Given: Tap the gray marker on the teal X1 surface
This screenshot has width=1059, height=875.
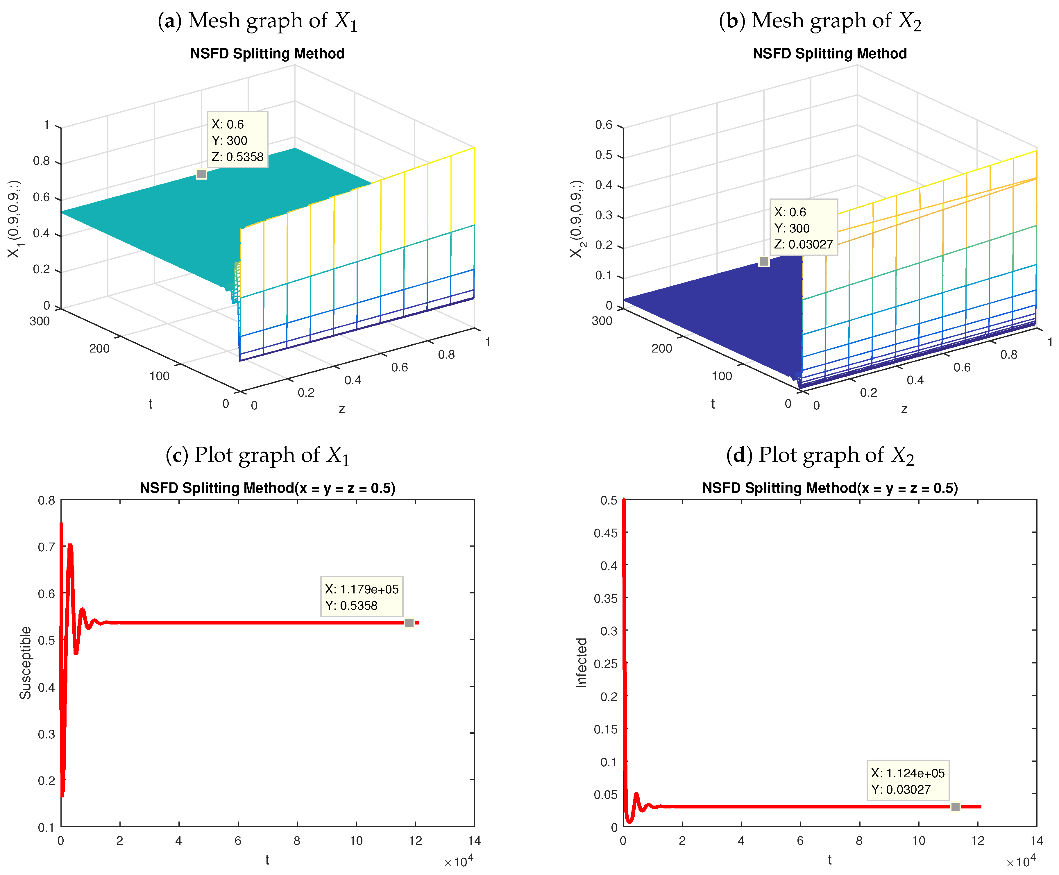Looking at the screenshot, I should click(201, 174).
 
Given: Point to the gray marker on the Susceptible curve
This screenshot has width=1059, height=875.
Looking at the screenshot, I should click(409, 623).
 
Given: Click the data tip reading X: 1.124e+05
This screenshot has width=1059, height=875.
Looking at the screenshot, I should click(907, 781).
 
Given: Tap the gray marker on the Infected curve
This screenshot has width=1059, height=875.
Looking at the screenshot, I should click(955, 807).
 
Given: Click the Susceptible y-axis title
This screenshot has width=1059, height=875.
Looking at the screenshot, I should click(25, 663).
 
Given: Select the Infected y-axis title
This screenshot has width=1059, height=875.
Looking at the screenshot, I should click(582, 663).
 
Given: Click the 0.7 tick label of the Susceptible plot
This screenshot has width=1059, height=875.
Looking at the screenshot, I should click(46, 547).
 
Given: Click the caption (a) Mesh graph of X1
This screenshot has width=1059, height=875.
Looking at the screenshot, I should click(257, 21).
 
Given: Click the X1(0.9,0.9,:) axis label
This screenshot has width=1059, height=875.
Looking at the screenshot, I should click(14, 219).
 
